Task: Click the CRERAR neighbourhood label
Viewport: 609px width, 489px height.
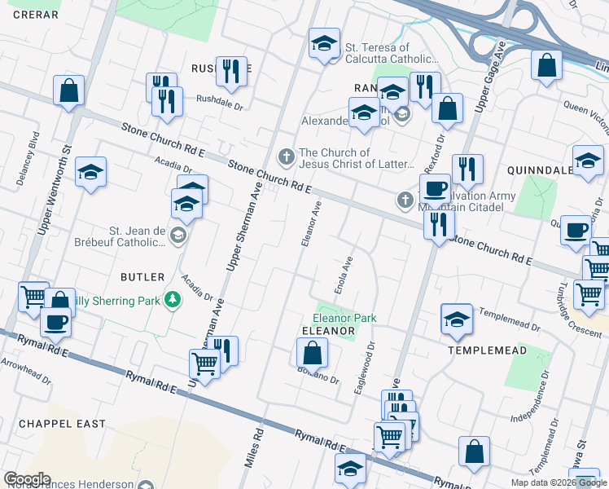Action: coord(36,15)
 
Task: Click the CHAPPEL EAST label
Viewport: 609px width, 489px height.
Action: coord(62,424)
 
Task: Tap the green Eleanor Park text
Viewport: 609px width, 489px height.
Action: coord(340,318)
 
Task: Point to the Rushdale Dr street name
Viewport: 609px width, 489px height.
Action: coord(221,101)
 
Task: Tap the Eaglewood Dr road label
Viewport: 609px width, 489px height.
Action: coord(364,368)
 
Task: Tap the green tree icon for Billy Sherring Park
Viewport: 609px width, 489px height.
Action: coord(173,301)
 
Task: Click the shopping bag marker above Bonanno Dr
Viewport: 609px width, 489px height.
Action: coord(311,353)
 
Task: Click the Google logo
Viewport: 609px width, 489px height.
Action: coord(27,479)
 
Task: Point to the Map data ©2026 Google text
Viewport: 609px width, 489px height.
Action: coord(558,482)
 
